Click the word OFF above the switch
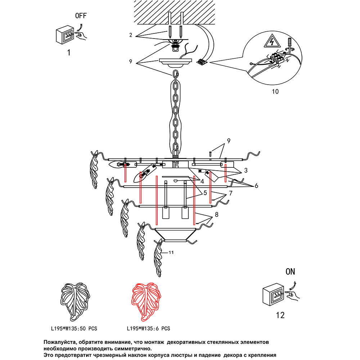click(x=81, y=16)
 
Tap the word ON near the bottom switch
click(x=290, y=272)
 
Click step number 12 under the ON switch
click(x=280, y=315)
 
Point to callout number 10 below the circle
click(x=275, y=91)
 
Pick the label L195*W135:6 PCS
click(x=148, y=329)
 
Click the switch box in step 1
click(x=64, y=36)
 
